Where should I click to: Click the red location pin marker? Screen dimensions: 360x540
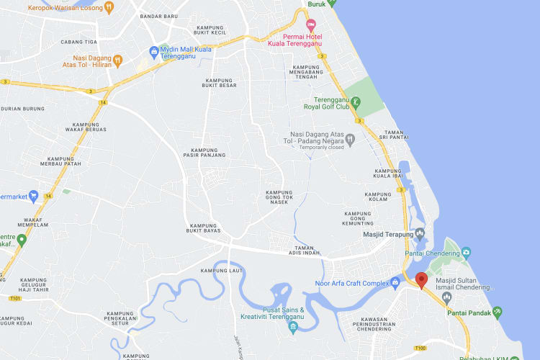(x=421, y=280)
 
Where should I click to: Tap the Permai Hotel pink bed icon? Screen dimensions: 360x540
(x=311, y=24)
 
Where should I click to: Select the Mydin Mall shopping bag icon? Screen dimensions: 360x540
(x=153, y=51)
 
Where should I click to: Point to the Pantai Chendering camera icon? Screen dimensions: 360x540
(x=467, y=253)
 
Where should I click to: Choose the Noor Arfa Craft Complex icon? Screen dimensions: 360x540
(x=395, y=282)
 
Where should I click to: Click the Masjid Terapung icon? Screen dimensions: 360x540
(x=420, y=233)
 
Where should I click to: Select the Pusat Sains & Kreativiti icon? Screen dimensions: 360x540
(x=292, y=328)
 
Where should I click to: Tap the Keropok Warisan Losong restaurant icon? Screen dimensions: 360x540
(x=109, y=7)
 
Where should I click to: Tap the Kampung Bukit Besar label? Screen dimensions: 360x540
(x=219, y=83)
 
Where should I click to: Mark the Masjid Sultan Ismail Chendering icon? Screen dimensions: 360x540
(x=447, y=297)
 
